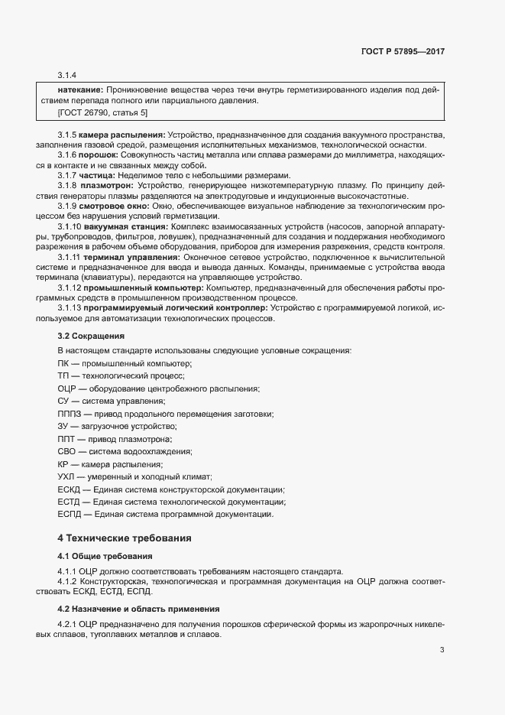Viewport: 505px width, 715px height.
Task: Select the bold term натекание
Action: click(81, 89)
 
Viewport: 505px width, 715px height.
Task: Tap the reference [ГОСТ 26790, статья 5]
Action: click(102, 112)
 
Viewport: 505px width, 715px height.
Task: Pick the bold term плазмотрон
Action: click(108, 186)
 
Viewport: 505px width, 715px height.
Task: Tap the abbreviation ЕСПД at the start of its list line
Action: click(70, 514)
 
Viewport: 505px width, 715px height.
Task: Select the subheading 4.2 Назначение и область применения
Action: click(138, 609)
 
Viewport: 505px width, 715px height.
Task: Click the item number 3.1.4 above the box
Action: click(67, 75)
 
